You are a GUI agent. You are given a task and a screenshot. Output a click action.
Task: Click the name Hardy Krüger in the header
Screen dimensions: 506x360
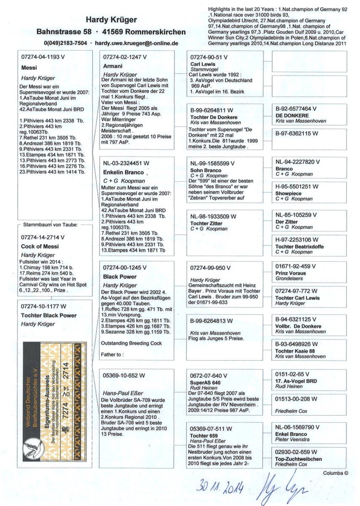111,20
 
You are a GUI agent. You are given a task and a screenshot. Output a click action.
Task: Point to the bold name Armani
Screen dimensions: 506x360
113,66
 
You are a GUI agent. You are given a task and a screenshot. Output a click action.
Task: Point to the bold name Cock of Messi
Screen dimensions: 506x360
40,246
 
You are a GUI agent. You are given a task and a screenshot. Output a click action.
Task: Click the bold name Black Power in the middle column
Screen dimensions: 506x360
120,277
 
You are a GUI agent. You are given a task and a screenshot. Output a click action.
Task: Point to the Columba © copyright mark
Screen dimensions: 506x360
336,473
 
